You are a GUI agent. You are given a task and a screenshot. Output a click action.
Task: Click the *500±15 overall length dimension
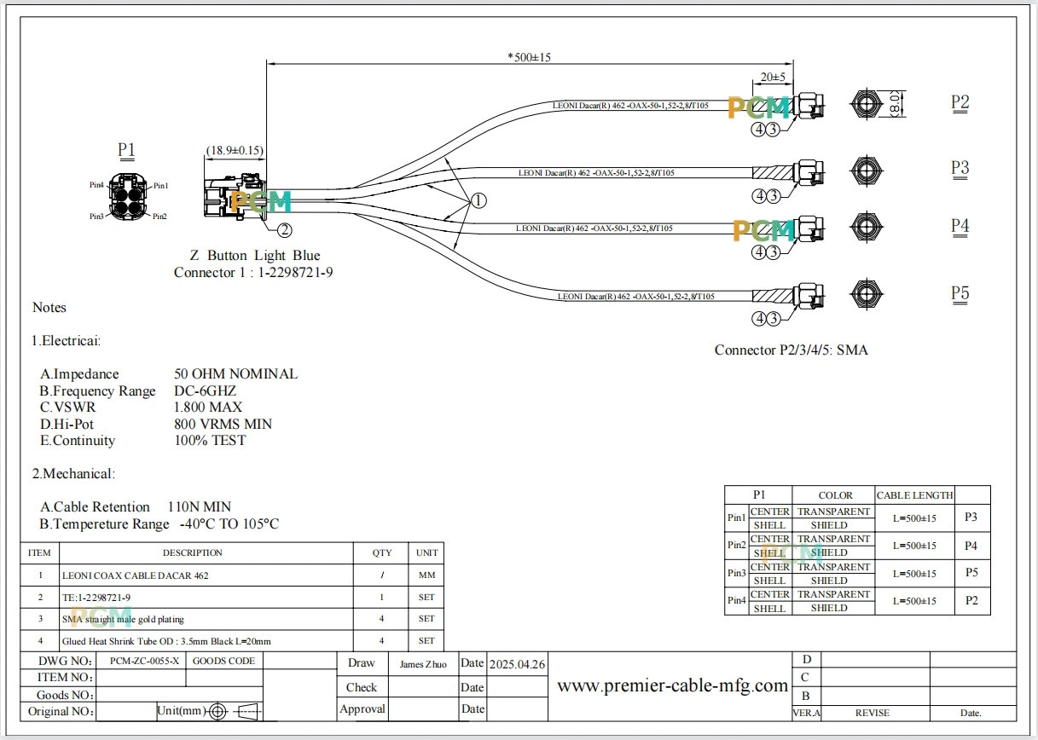pyautogui.click(x=529, y=57)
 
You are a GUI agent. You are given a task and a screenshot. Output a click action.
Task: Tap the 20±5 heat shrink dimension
pyautogui.click(x=773, y=77)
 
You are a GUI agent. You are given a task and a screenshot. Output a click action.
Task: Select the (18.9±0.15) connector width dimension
pyautogui.click(x=235, y=150)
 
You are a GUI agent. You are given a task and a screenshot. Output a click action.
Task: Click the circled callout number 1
pyautogui.click(x=478, y=200)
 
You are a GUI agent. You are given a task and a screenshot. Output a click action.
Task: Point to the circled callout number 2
pyautogui.click(x=285, y=229)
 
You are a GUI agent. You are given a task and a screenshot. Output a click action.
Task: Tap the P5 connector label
pyautogui.click(x=960, y=293)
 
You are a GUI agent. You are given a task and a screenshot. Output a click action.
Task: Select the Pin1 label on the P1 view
pyautogui.click(x=161, y=186)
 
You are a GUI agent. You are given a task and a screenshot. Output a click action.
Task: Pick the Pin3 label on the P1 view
pyautogui.click(x=96, y=217)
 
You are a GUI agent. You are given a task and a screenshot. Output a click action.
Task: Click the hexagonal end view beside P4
pyautogui.click(x=866, y=227)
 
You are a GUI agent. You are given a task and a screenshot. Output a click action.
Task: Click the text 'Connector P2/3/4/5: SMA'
pyautogui.click(x=791, y=350)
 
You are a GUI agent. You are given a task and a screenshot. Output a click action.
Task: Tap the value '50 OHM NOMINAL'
pyautogui.click(x=236, y=373)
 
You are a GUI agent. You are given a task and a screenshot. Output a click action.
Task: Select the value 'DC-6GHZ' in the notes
pyautogui.click(x=205, y=390)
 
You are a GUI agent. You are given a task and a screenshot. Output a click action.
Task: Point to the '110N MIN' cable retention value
pyautogui.click(x=200, y=506)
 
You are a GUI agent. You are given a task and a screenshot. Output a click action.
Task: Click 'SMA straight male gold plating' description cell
pyautogui.click(x=123, y=619)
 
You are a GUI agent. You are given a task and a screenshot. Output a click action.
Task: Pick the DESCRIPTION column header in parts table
pyautogui.click(x=192, y=552)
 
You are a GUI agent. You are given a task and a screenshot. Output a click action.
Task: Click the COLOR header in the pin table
pyautogui.click(x=835, y=495)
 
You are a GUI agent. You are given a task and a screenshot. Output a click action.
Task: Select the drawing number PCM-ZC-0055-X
pyautogui.click(x=144, y=661)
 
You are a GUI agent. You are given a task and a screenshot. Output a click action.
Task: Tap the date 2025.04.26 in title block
pyautogui.click(x=517, y=664)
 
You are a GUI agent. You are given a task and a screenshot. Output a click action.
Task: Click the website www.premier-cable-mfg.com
pyautogui.click(x=672, y=685)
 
